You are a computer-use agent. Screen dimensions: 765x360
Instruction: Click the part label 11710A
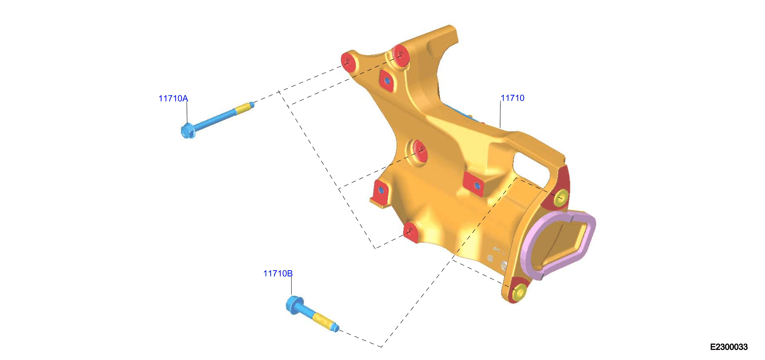point(173,98)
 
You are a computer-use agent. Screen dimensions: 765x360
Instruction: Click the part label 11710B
point(278,273)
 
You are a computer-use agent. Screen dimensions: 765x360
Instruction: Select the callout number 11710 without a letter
point(512,98)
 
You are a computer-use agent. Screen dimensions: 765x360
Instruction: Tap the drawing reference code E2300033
point(729,347)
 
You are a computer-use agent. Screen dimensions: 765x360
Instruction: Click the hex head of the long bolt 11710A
point(188,131)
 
